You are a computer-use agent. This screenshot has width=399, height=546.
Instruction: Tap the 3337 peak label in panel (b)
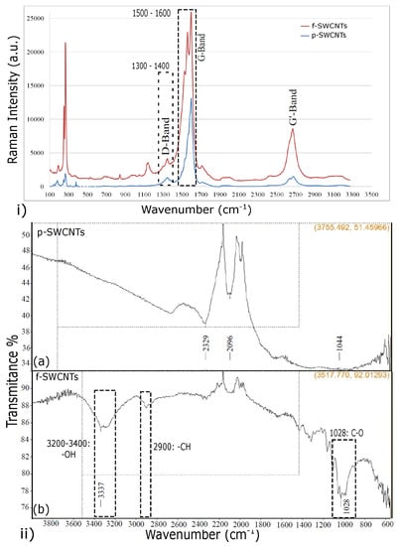101,492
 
